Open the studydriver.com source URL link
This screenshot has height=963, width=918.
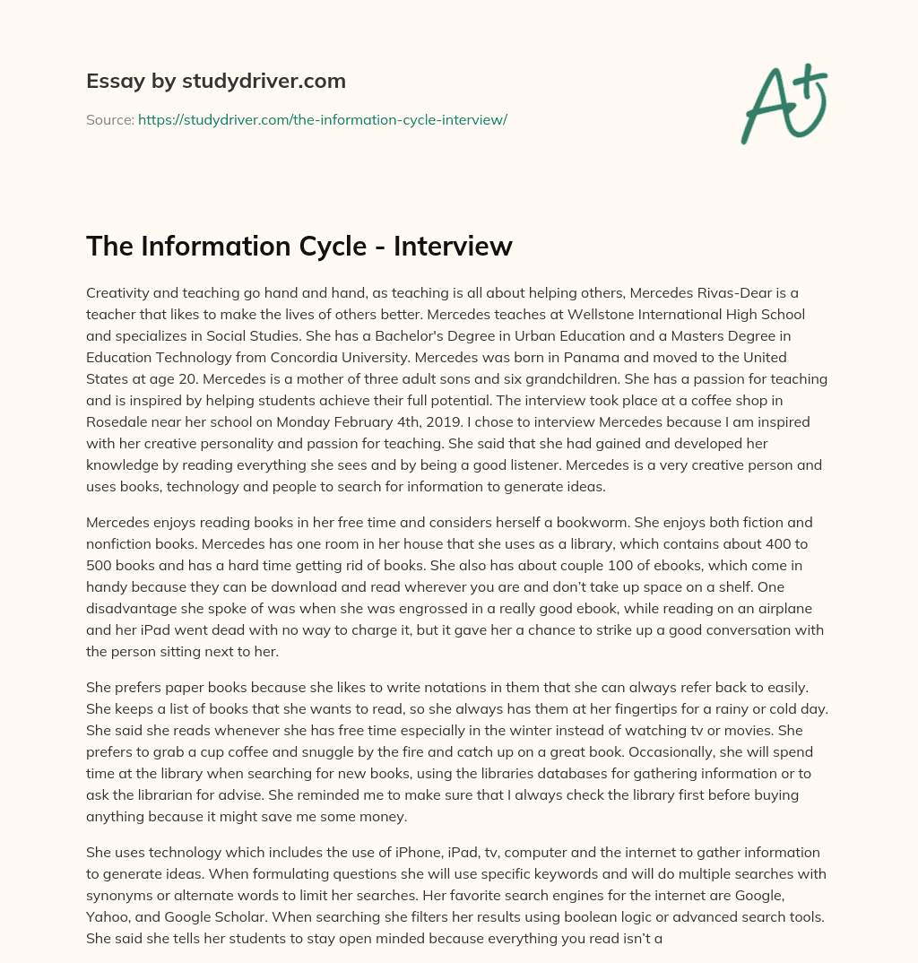(x=323, y=119)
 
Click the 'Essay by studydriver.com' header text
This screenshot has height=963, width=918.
(x=216, y=81)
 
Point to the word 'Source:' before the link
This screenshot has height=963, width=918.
(x=109, y=119)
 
